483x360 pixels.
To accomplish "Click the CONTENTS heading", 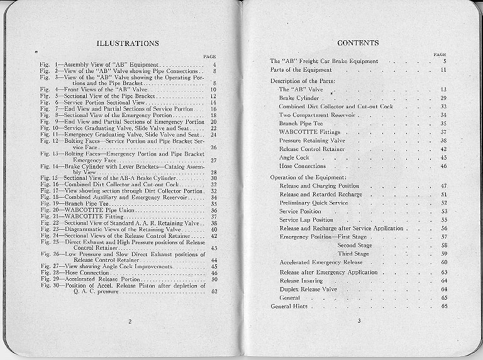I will [x=358, y=43].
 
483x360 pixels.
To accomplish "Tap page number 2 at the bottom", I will [x=128, y=322].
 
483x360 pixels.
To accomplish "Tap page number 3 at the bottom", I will [x=358, y=322].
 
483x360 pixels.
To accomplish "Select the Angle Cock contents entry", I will [x=293, y=157].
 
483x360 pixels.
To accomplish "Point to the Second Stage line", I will [x=356, y=245].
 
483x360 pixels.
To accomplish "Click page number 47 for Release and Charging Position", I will [x=443, y=186].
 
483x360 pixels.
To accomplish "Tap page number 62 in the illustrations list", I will [x=214, y=291].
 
